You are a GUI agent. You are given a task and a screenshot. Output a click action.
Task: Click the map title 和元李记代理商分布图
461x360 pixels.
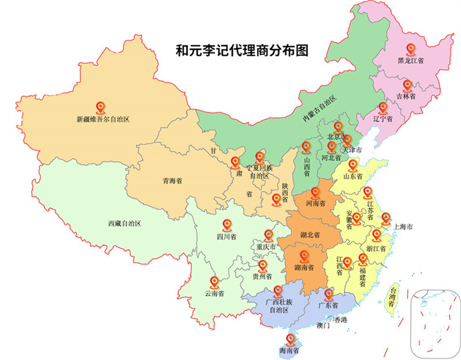point(242,50)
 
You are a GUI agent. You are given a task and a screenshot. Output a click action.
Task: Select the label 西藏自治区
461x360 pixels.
point(124,224)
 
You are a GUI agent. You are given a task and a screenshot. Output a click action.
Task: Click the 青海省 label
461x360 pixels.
point(172,181)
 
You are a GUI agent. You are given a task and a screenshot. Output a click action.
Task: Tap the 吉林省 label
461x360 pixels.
point(406,96)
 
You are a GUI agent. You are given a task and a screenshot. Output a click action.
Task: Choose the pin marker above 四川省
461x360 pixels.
point(226,225)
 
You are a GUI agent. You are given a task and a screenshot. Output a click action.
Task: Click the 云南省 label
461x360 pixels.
point(214,294)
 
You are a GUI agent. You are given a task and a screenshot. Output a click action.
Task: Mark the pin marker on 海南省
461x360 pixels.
point(290,340)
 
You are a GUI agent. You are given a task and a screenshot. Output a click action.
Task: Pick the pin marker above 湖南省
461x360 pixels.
point(303,256)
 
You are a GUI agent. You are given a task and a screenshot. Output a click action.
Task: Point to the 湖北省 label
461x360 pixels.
point(310,236)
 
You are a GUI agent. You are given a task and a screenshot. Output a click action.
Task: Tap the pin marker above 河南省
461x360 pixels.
point(315,193)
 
